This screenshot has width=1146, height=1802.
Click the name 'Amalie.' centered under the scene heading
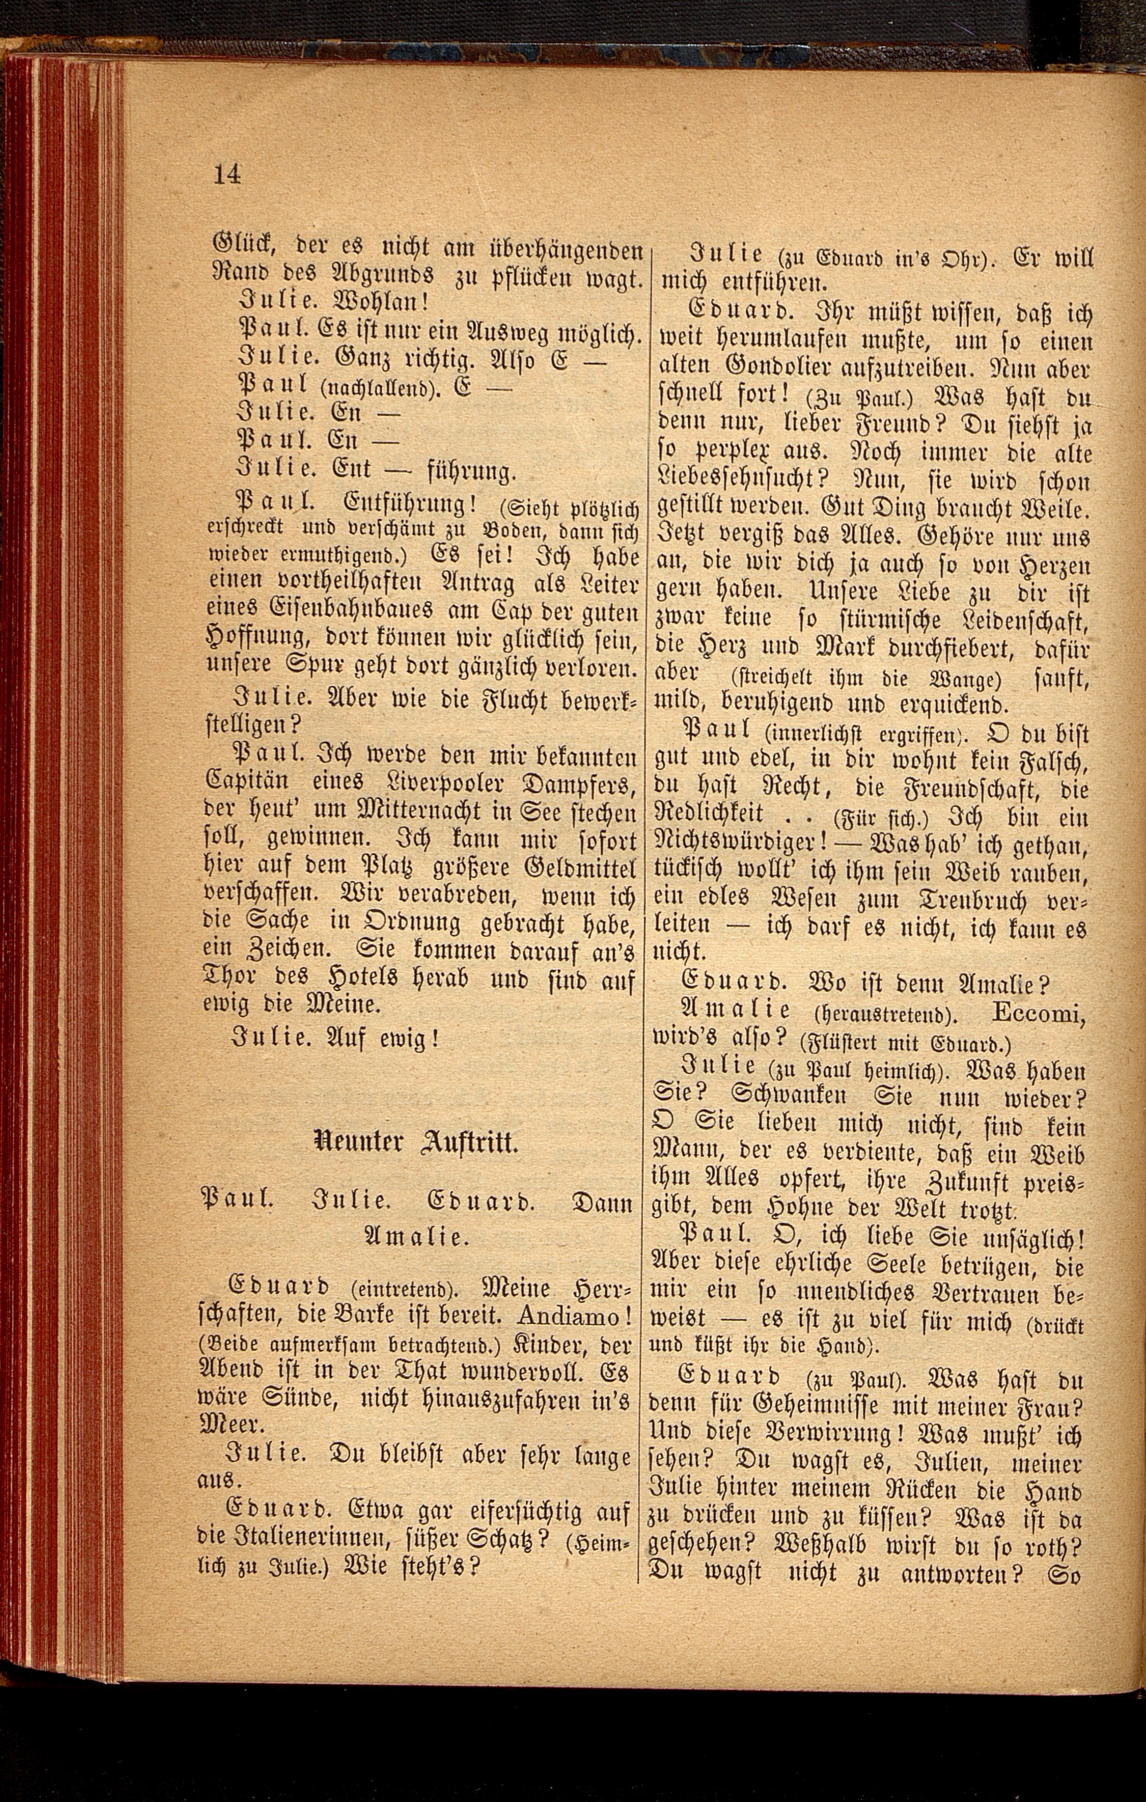click(x=416, y=1237)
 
